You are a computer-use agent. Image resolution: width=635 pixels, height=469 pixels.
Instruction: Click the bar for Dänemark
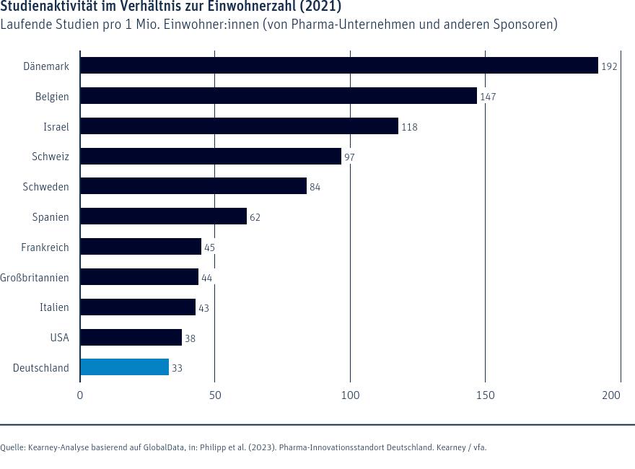click(x=339, y=66)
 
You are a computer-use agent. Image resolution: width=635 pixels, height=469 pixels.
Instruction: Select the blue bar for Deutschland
click(x=124, y=367)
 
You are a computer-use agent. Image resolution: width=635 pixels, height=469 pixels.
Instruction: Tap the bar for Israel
click(x=239, y=126)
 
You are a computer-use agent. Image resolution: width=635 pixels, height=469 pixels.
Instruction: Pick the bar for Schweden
click(x=193, y=186)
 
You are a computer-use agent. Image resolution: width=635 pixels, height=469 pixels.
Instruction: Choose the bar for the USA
click(x=131, y=337)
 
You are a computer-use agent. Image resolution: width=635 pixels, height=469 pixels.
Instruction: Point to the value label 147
click(x=488, y=97)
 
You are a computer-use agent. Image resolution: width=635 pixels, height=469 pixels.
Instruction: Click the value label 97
click(x=349, y=157)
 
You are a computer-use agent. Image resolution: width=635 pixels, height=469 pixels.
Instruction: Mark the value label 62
click(x=255, y=217)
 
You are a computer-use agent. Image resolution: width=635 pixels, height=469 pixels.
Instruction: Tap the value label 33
click(x=177, y=368)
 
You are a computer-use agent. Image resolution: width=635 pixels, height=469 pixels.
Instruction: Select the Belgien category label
click(x=52, y=96)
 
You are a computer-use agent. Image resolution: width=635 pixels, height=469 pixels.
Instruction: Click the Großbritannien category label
click(x=35, y=277)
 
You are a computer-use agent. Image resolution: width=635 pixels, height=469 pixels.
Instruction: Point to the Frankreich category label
click(x=45, y=247)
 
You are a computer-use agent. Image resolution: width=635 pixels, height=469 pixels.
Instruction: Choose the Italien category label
click(x=54, y=307)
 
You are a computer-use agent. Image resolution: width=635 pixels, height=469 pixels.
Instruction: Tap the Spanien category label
click(x=51, y=216)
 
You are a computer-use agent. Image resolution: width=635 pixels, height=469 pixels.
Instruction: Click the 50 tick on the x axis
click(x=215, y=395)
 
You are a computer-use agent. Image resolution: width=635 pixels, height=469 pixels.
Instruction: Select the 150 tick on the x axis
click(x=485, y=395)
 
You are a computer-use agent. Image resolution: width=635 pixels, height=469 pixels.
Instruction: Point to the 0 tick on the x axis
click(x=80, y=395)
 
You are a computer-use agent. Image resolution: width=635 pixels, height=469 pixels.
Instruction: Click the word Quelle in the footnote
click(x=12, y=447)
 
